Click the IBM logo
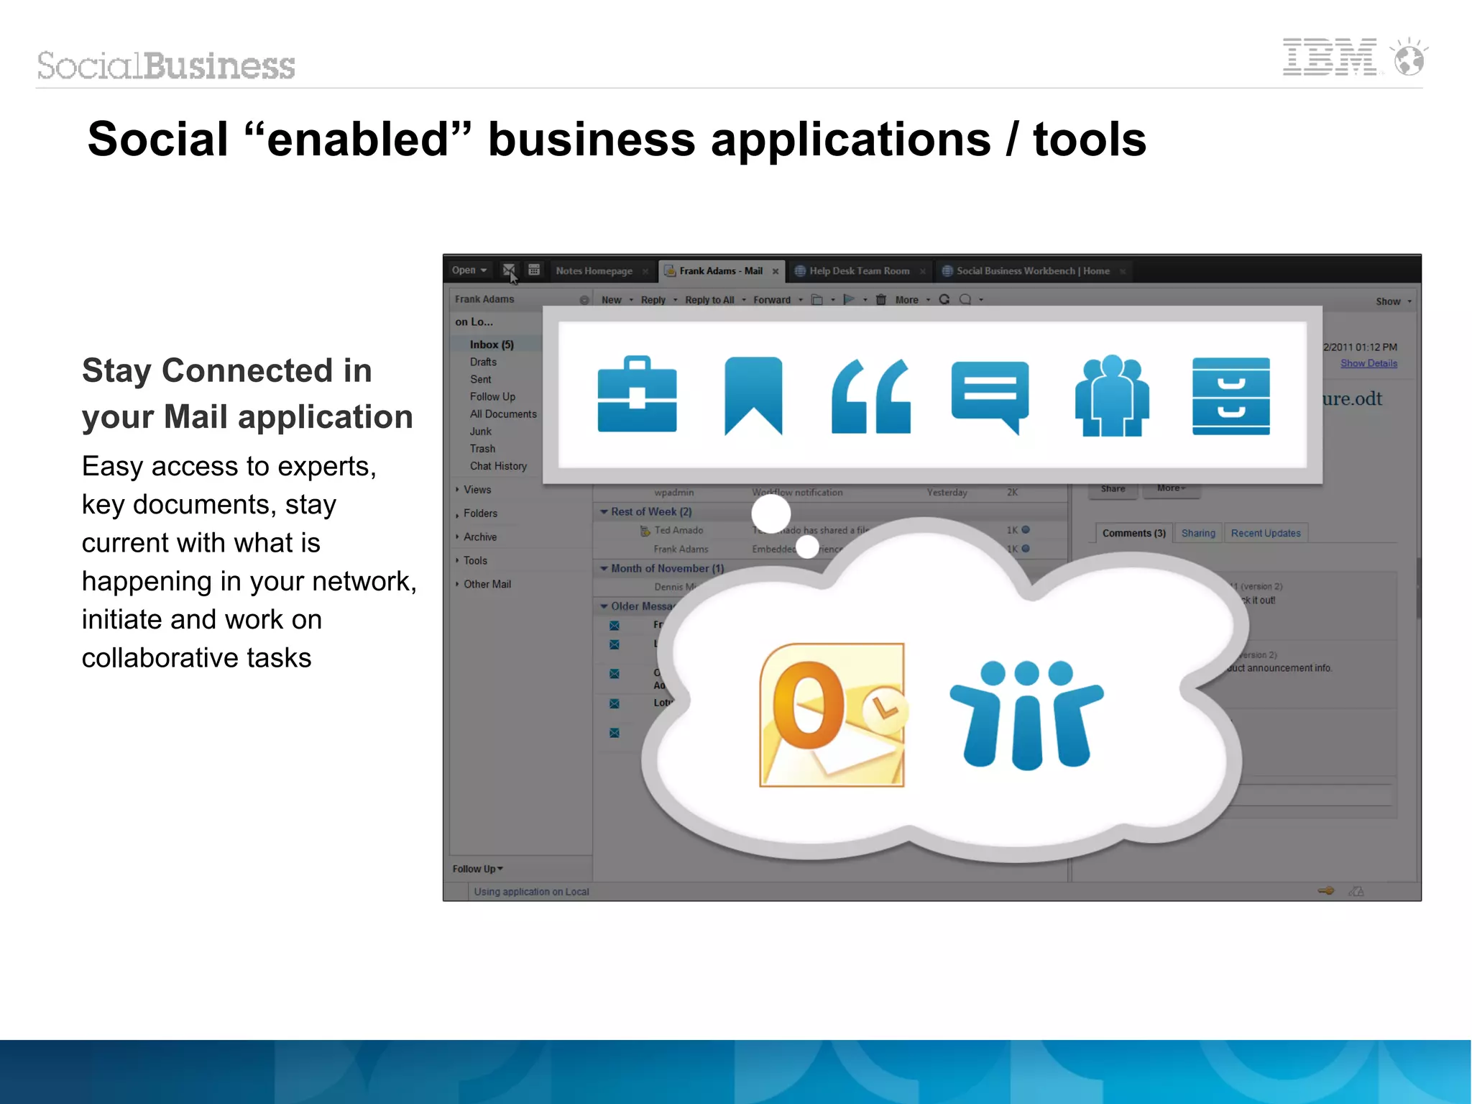click(1330, 58)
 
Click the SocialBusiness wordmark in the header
click(166, 65)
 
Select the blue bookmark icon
click(753, 395)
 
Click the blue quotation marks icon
click(870, 397)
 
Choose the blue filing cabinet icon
click(1230, 396)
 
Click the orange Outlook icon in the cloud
click(832, 715)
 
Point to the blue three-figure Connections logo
click(1026, 715)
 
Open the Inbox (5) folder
click(492, 345)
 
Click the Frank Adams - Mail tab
click(720, 271)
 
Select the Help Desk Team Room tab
click(859, 271)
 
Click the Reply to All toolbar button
click(709, 300)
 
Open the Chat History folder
click(498, 466)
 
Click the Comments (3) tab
click(1133, 533)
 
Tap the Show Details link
click(1368, 363)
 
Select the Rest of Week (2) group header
click(650, 511)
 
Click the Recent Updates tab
click(1265, 533)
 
